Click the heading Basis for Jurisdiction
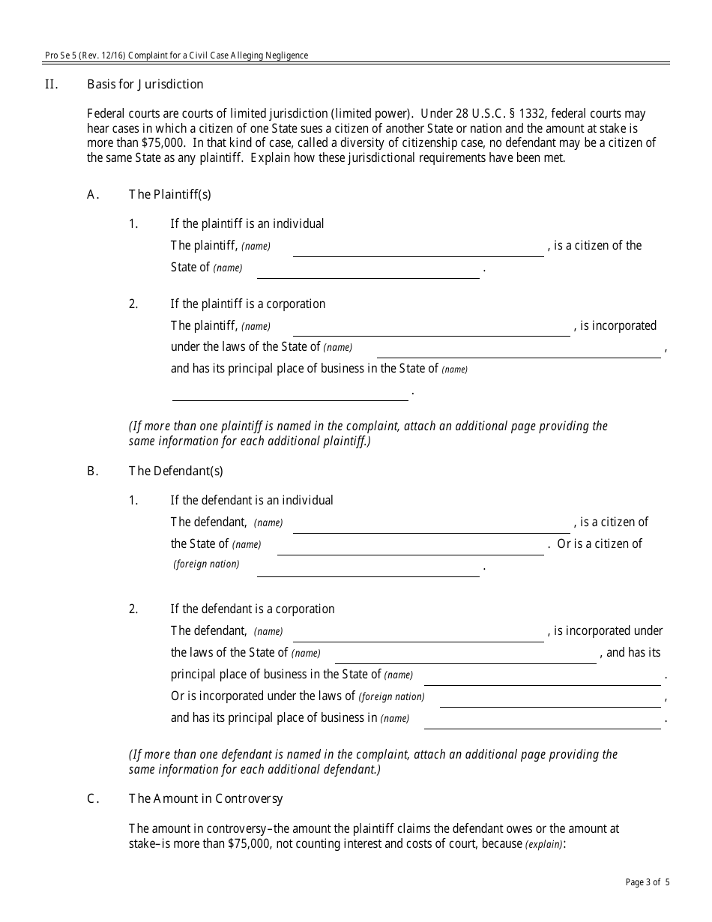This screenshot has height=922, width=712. pos(145,84)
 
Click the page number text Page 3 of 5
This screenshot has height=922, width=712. pos(648,882)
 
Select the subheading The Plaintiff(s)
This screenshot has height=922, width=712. pos(169,194)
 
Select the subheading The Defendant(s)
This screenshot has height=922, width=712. pos(175,471)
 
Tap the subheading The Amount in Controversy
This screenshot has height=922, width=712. pos(205,798)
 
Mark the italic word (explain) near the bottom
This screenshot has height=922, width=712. pos(543,844)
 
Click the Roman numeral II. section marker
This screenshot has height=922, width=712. pos(51,84)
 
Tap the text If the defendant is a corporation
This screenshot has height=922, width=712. pos(252,609)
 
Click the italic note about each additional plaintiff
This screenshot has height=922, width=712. pos(367,433)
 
